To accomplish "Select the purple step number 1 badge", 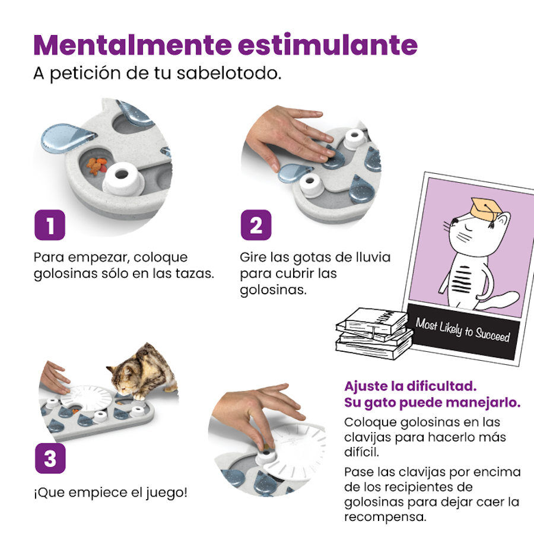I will point(49,225).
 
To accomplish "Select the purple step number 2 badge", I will point(256,225).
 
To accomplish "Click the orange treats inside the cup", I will point(96,167).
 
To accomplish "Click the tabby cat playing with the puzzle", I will point(142,371).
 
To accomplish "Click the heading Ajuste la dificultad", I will point(410,386).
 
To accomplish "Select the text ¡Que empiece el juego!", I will point(110,492).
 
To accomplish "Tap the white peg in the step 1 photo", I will point(123,178).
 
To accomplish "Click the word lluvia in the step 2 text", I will point(373,258).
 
